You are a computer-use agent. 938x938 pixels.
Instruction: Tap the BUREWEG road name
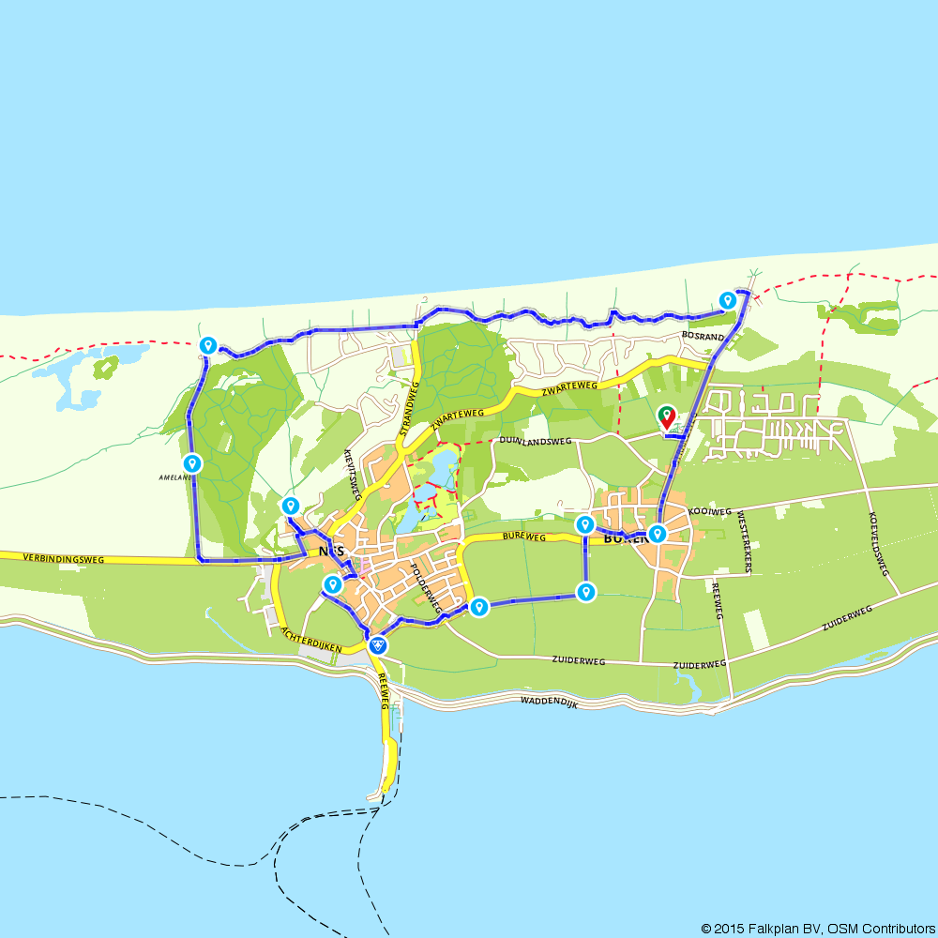tap(523, 537)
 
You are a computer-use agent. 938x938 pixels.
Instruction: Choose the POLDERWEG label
tap(426, 588)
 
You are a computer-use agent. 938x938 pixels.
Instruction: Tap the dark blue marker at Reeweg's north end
tap(377, 644)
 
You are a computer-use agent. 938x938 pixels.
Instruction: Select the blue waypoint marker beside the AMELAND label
tap(192, 462)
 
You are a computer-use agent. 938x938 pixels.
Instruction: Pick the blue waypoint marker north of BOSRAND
tap(727, 300)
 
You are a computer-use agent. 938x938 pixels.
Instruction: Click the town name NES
tap(331, 552)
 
